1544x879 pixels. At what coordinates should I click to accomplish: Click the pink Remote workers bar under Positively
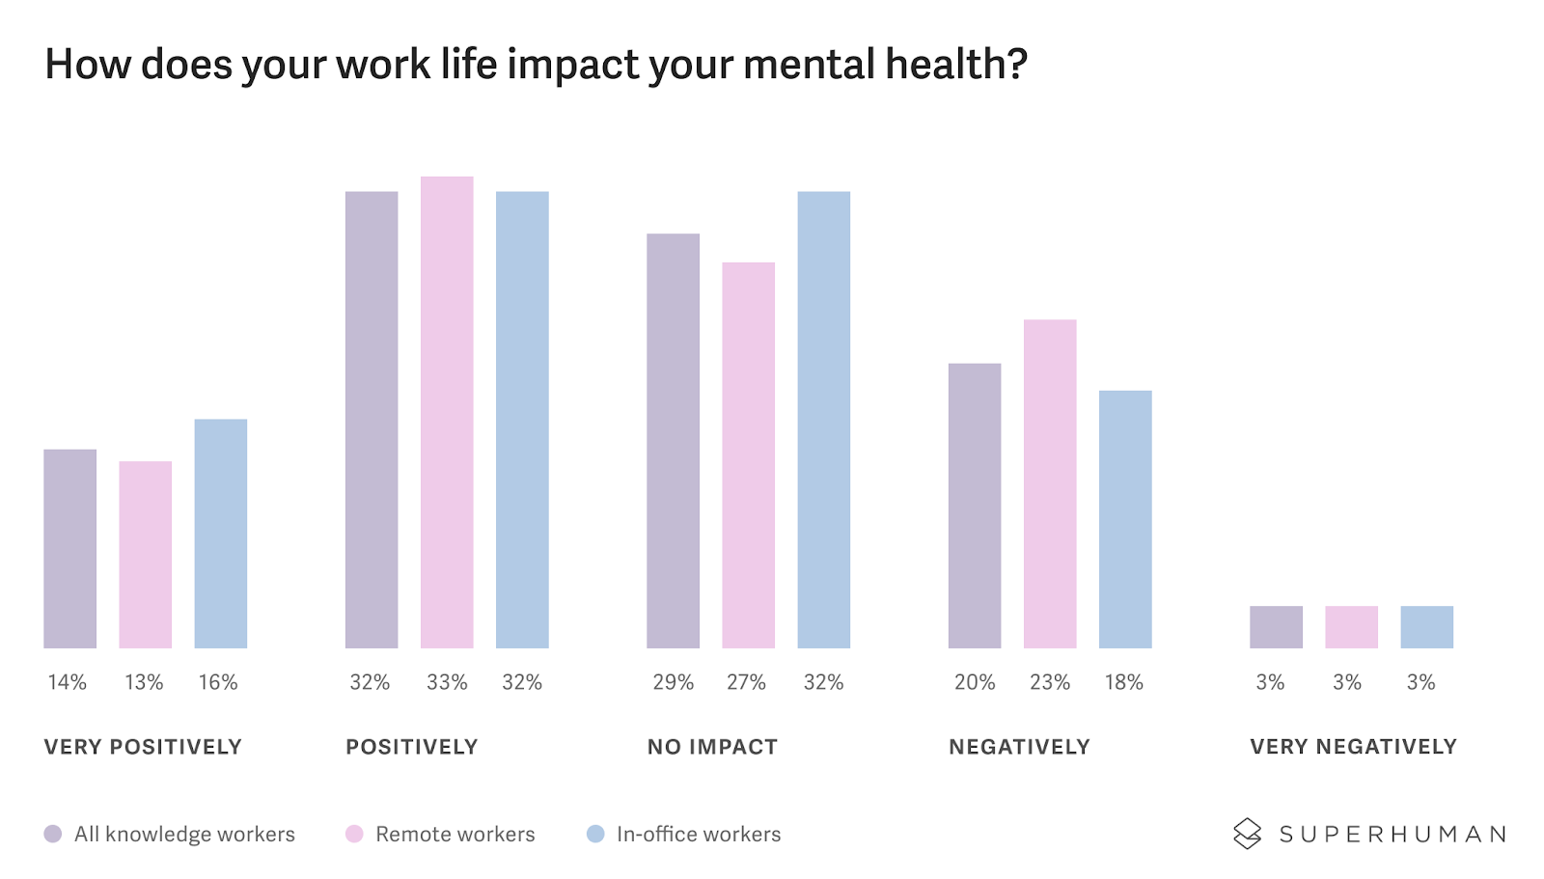click(447, 412)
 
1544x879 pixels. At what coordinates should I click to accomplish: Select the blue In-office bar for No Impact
click(823, 420)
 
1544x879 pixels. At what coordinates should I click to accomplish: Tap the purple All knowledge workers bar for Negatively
click(975, 506)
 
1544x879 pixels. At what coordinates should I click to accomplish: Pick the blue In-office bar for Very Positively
click(220, 534)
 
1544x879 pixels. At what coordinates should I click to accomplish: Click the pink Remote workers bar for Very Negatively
click(1351, 627)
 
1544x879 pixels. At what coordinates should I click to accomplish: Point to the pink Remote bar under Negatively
click(1050, 483)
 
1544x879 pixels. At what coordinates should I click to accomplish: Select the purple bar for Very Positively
click(69, 548)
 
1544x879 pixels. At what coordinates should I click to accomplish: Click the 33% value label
click(447, 682)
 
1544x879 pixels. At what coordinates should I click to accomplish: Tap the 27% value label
click(746, 682)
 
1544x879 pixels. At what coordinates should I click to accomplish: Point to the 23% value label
click(1050, 682)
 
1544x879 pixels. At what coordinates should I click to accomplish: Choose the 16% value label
click(218, 682)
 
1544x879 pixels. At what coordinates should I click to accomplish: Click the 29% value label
click(673, 682)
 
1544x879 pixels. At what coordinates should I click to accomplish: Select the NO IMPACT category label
click(712, 747)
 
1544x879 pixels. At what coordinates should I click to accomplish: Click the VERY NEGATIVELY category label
click(1353, 747)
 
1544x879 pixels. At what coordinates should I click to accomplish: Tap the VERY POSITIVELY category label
click(143, 747)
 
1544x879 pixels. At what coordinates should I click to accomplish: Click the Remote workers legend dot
click(354, 834)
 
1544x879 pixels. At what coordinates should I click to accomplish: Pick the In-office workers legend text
click(699, 834)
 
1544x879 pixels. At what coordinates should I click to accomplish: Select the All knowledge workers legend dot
click(53, 834)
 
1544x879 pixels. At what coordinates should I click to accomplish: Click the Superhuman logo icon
click(1247, 834)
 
